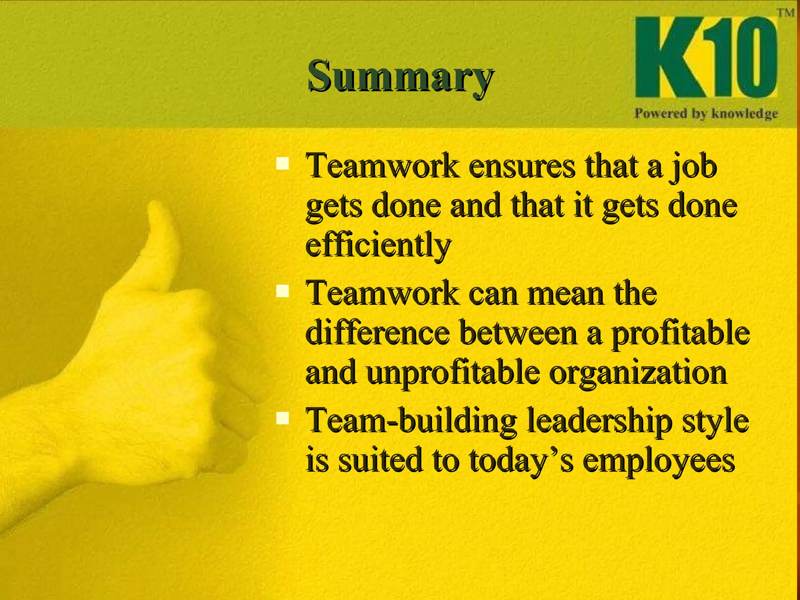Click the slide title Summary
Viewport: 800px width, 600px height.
(400, 76)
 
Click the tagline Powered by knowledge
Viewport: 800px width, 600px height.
(706, 114)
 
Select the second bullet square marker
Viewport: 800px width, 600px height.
(282, 291)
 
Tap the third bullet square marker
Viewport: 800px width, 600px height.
(282, 419)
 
